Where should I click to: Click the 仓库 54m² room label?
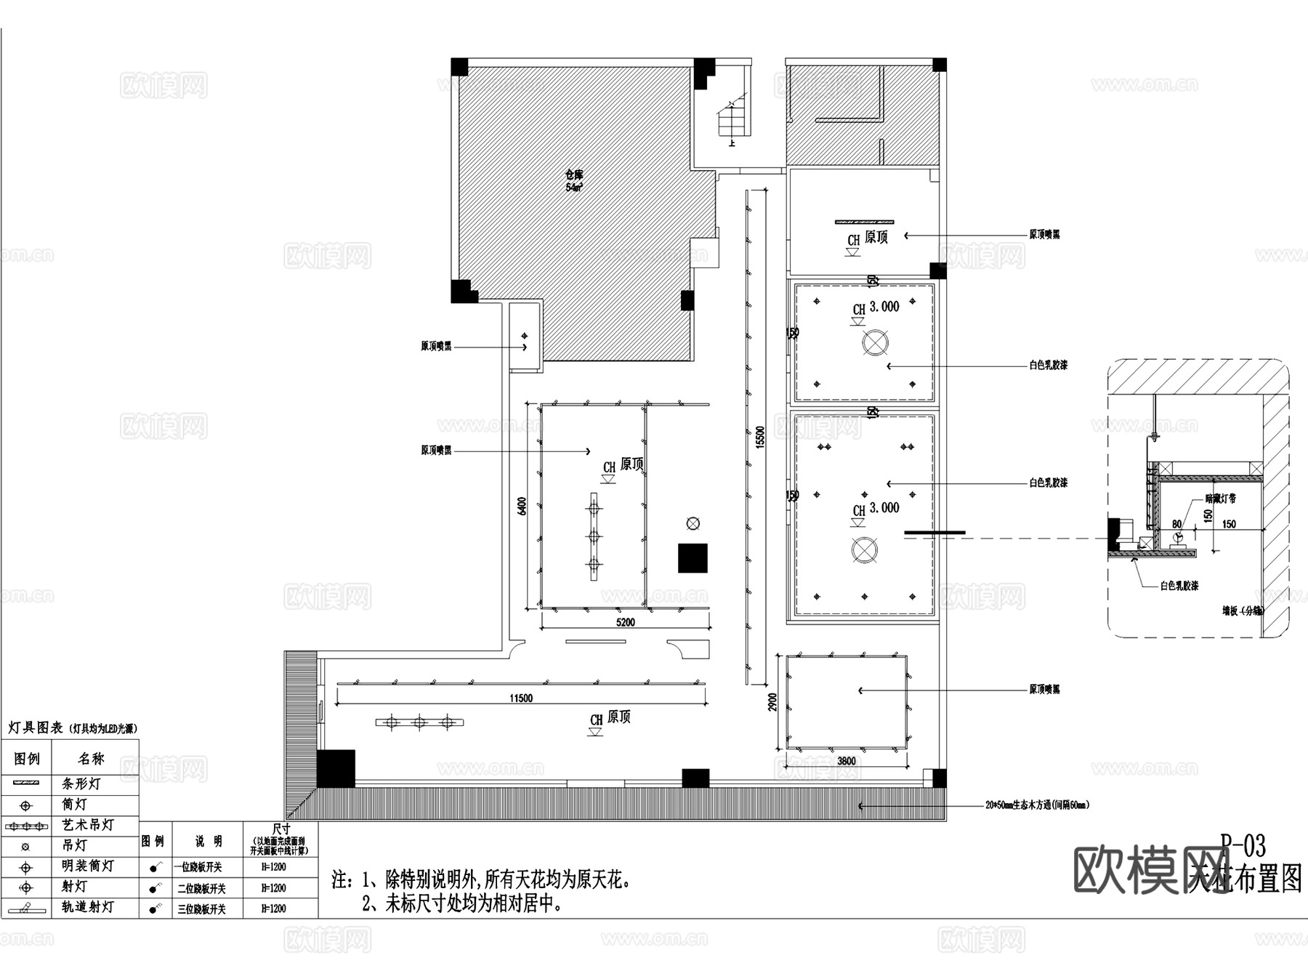[574, 180]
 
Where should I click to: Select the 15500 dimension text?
[760, 437]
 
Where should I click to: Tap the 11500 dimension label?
[521, 698]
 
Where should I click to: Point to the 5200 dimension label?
[625, 622]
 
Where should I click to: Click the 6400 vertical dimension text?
[522, 507]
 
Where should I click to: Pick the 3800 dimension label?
[846, 761]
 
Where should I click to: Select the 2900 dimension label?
[773, 702]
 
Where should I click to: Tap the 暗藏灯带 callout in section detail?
[1220, 499]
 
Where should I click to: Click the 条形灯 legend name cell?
[81, 783]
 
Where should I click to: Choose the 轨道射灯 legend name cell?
[87, 907]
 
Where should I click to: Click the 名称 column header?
[92, 759]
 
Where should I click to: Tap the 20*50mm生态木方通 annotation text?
[1037, 805]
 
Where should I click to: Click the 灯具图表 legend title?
[35, 728]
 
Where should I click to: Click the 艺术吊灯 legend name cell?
[87, 825]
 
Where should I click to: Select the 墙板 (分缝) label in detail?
[1242, 611]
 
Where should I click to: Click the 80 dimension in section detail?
[1176, 524]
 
